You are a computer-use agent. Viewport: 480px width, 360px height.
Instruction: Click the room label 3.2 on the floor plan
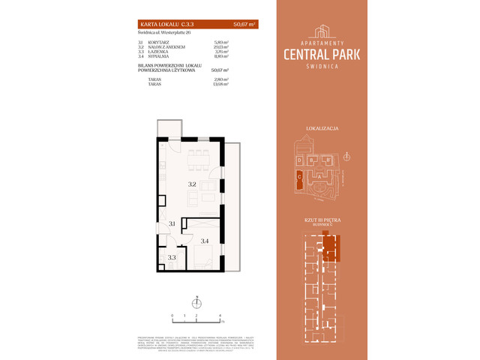[191, 183]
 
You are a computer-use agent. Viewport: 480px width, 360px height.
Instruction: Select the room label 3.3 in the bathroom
[171, 257]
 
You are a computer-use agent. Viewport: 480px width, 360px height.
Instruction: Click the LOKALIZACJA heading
[322, 129]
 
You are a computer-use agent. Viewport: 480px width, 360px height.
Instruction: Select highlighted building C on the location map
[301, 177]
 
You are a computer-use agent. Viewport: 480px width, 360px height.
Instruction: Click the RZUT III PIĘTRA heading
[322, 220]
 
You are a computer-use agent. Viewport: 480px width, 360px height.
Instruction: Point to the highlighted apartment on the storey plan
[330, 245]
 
